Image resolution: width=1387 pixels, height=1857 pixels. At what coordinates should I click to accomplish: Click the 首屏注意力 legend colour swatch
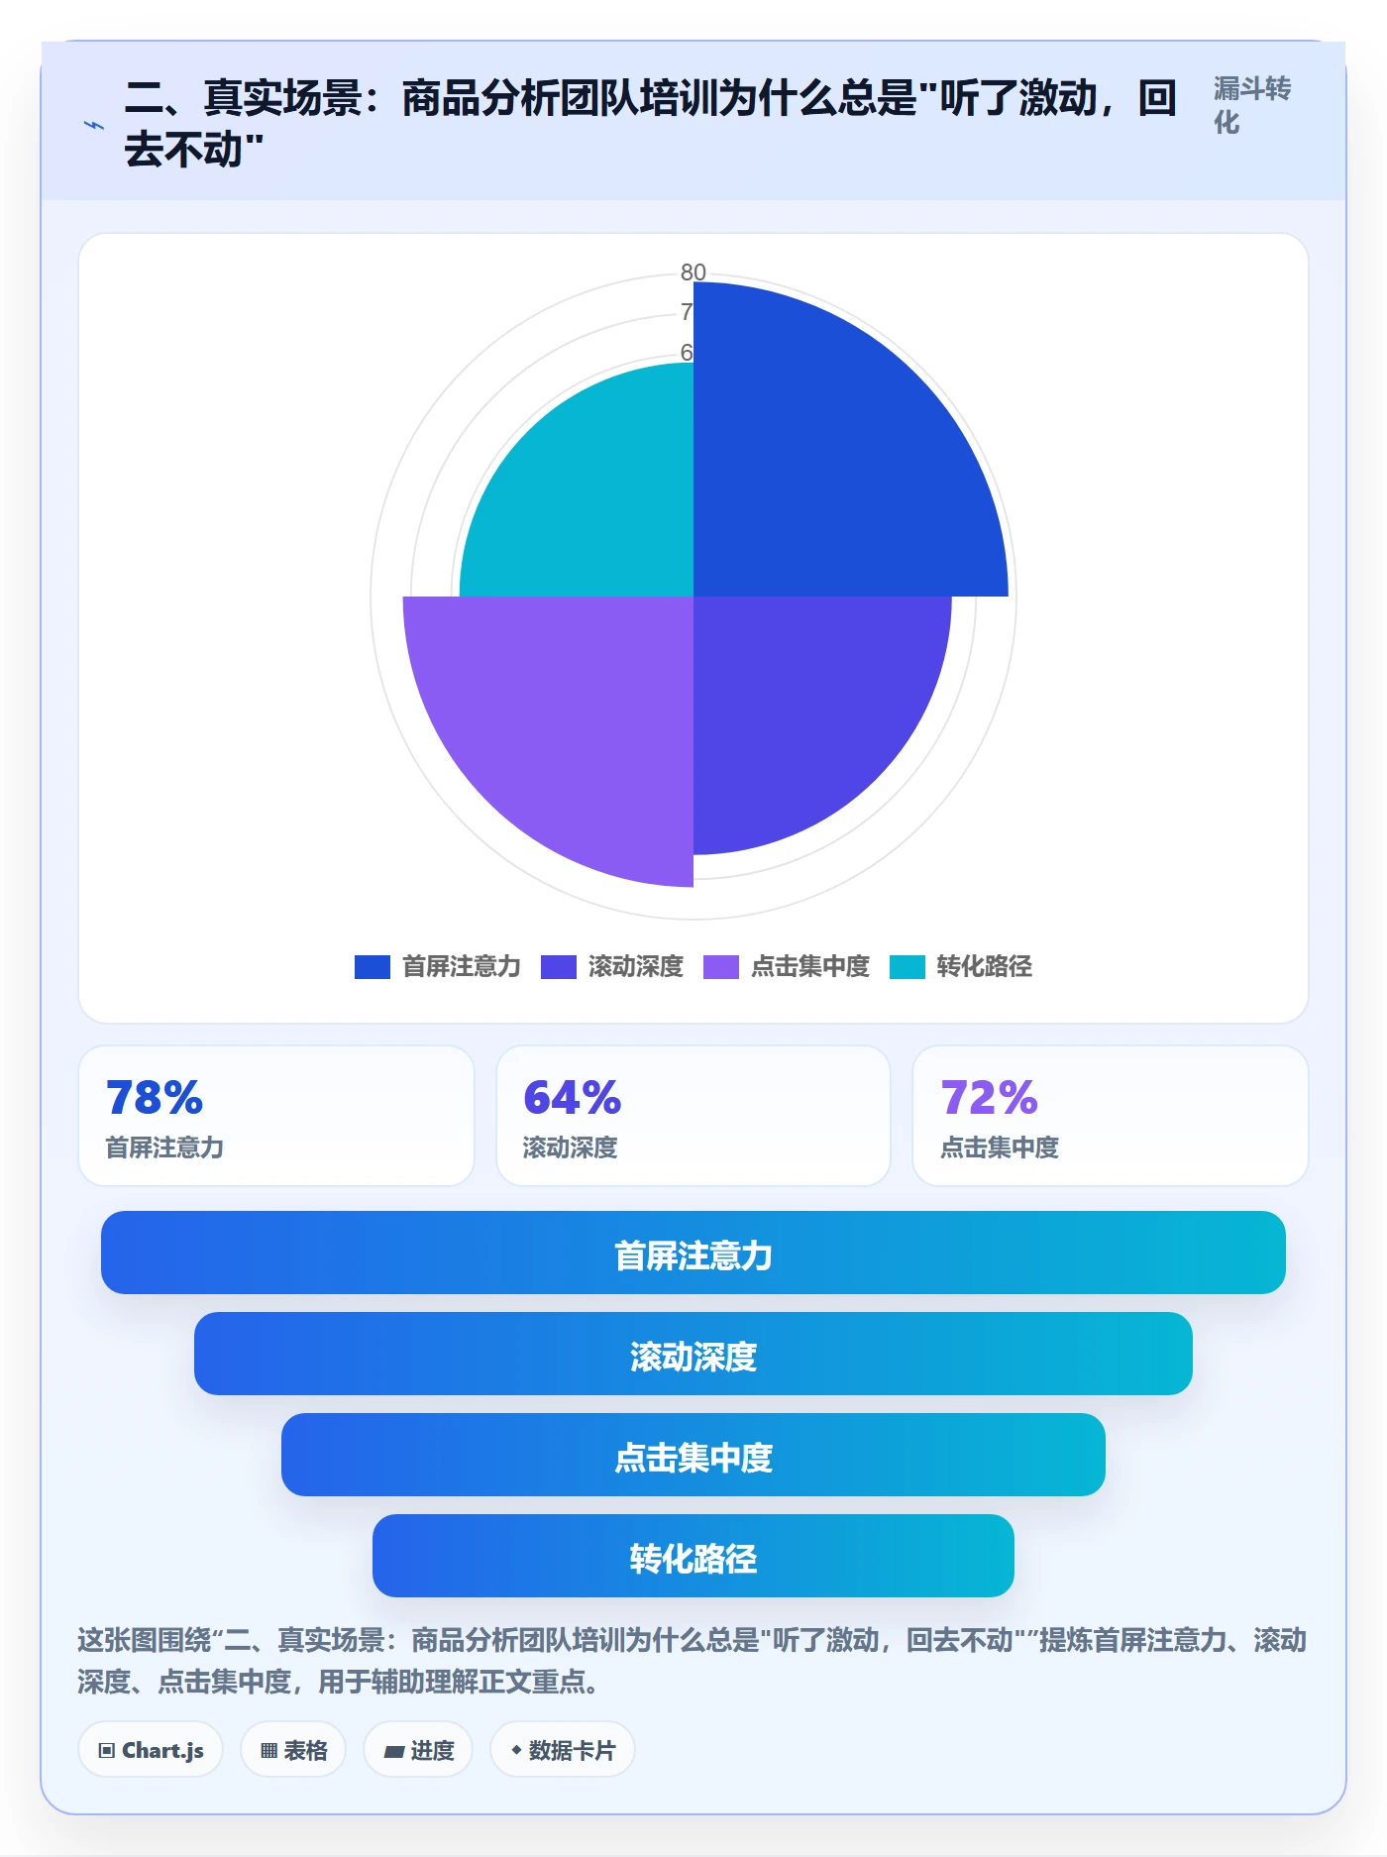pyautogui.click(x=373, y=966)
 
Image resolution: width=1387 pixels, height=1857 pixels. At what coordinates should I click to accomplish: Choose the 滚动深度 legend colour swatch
pyautogui.click(x=559, y=966)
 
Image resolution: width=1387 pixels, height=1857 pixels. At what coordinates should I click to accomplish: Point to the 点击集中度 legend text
pyautogui.click(x=810, y=966)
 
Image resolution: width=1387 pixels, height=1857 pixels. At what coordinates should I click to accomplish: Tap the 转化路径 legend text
pyautogui.click(x=985, y=966)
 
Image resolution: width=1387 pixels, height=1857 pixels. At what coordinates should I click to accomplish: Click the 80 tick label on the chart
pyautogui.click(x=693, y=272)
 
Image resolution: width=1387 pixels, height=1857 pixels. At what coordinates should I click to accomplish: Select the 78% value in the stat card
pyautogui.click(x=155, y=1098)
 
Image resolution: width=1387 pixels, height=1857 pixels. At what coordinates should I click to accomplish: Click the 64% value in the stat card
pyautogui.click(x=572, y=1098)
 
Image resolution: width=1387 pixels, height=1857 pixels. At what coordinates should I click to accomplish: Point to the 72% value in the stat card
pyautogui.click(x=989, y=1098)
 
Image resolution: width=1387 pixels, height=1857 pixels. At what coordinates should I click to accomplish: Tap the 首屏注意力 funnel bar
pyautogui.click(x=693, y=1253)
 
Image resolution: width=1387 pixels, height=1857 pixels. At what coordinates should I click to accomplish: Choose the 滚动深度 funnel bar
pyautogui.click(x=693, y=1354)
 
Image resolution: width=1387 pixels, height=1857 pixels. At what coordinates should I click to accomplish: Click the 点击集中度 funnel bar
pyautogui.click(x=693, y=1455)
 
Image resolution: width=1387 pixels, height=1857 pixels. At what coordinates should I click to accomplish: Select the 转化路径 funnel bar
pyautogui.click(x=693, y=1556)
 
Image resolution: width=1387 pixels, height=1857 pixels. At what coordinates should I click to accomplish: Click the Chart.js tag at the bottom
pyautogui.click(x=151, y=1750)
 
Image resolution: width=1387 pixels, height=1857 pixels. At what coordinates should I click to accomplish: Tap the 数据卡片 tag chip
pyautogui.click(x=562, y=1750)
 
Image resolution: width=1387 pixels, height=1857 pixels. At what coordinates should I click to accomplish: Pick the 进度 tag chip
pyautogui.click(x=418, y=1750)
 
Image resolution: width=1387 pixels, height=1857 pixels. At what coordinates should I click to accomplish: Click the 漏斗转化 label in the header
pyautogui.click(x=1252, y=105)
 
